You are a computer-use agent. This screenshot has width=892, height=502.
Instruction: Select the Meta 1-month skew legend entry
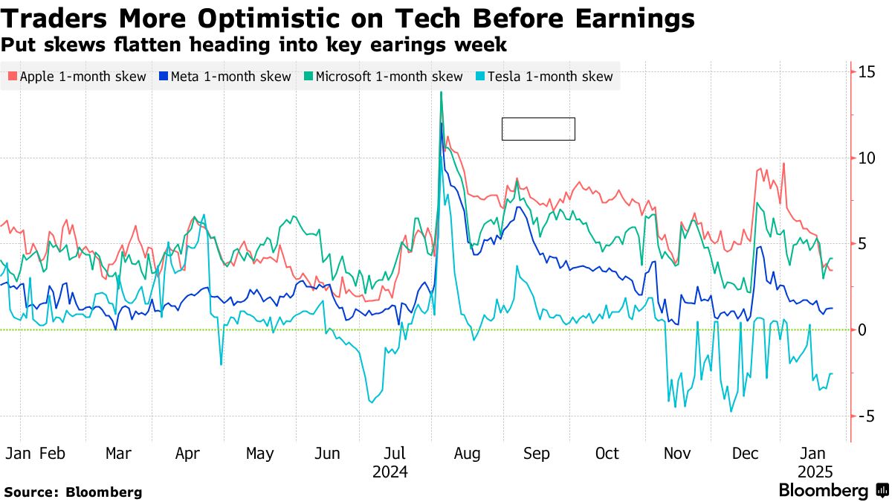coord(224,77)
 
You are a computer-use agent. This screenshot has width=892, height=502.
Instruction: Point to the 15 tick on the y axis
coord(866,72)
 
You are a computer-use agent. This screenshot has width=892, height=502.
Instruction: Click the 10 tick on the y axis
coord(866,158)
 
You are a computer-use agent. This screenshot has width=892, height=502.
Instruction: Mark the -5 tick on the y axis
coord(866,416)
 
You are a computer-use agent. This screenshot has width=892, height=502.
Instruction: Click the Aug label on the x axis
coord(468,454)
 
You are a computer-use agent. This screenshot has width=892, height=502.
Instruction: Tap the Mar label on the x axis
coord(118,454)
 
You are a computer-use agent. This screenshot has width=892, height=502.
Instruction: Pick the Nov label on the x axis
coord(677,454)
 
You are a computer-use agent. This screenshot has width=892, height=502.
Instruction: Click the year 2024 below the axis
coord(390,472)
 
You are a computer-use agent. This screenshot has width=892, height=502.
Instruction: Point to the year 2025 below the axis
coord(815,472)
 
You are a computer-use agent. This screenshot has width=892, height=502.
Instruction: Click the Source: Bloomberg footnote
coord(73,492)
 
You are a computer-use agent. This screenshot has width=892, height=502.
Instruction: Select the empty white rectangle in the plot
coord(538,129)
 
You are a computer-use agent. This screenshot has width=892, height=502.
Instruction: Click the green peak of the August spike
coord(442,92)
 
